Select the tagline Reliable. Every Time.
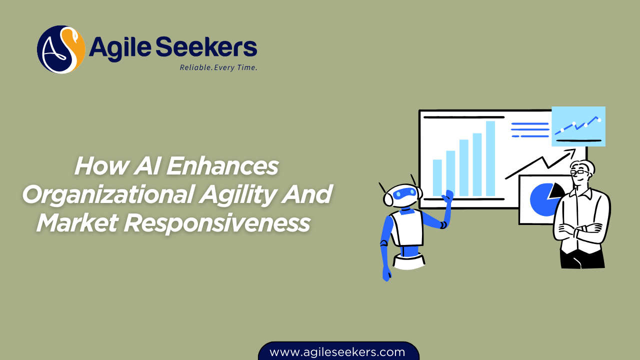pyautogui.click(x=218, y=67)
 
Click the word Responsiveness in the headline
pyautogui.click(x=216, y=222)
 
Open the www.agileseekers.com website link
pyautogui.click(x=337, y=352)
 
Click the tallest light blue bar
pyautogui.click(x=490, y=158)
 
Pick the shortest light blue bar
pyautogui.click(x=437, y=177)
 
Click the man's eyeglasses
pyautogui.click(x=580, y=171)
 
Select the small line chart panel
pyautogui.click(x=578, y=126)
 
